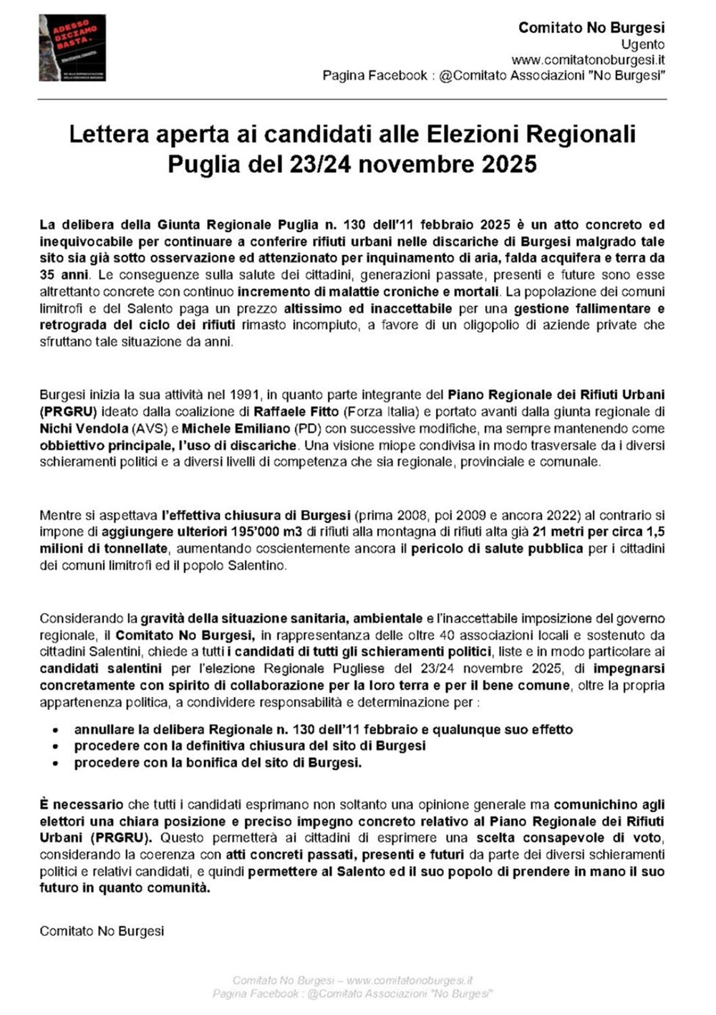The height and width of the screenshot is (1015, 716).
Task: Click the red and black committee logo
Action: point(72,48)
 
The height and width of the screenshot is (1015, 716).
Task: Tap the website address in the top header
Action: point(588,60)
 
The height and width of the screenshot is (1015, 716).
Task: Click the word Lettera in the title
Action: point(107,135)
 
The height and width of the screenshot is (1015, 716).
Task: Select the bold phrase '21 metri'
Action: point(556,531)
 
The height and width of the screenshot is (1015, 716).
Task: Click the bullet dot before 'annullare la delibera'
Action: point(56,730)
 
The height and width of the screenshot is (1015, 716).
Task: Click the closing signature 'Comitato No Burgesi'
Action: point(102,931)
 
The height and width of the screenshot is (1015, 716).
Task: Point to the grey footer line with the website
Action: point(352,980)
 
